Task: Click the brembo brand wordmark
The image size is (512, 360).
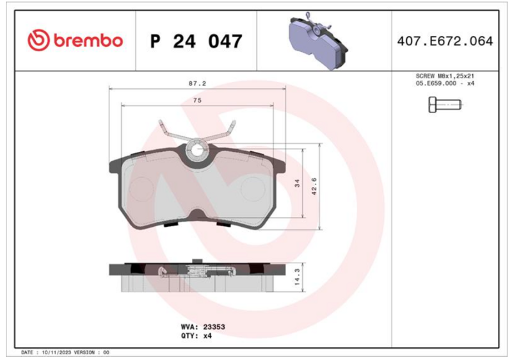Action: (x=88, y=40)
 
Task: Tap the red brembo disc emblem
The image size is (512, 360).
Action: (x=38, y=40)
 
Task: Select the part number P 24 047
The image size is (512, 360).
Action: (x=196, y=41)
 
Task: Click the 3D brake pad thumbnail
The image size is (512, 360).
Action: (x=319, y=40)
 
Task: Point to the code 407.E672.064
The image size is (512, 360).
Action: (x=445, y=41)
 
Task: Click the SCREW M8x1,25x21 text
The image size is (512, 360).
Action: (x=445, y=76)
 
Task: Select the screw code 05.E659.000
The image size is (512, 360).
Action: (x=436, y=83)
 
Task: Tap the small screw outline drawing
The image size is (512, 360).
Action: (x=445, y=105)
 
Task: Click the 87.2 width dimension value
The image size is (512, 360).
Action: (x=197, y=84)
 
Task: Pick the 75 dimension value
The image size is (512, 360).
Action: (x=197, y=101)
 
